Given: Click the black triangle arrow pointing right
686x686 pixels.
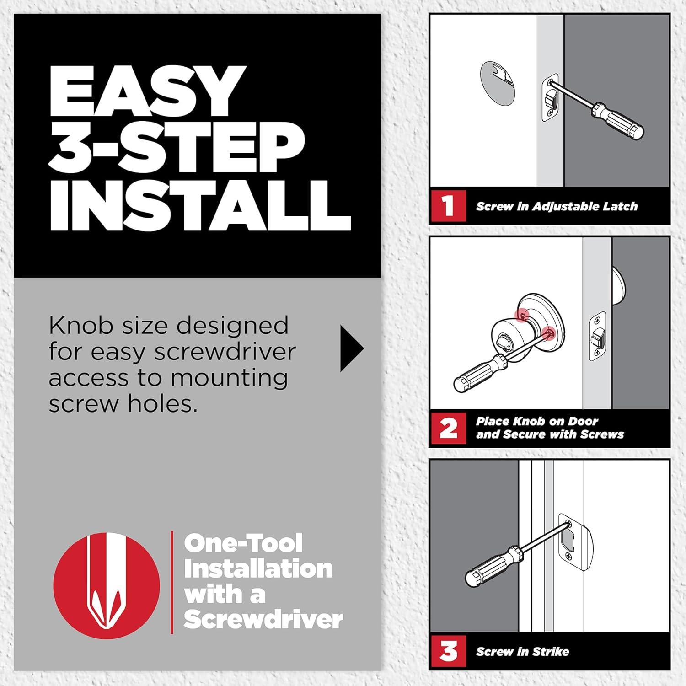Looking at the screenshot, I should point(351,348).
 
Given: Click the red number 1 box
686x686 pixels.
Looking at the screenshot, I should point(448,206).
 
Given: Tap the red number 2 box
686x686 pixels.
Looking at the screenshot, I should point(448,428).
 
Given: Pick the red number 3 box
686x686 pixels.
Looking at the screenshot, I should point(448,651).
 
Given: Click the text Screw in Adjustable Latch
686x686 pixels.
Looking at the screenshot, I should point(556,206).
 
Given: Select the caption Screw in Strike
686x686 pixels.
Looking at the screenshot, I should point(522,652).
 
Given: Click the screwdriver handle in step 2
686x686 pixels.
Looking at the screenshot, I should point(476,375).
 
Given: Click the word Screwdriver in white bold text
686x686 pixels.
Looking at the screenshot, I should point(263,620).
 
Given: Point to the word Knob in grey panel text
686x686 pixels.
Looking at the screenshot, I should point(80,326).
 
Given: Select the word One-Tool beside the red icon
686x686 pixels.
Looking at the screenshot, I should point(243,543).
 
